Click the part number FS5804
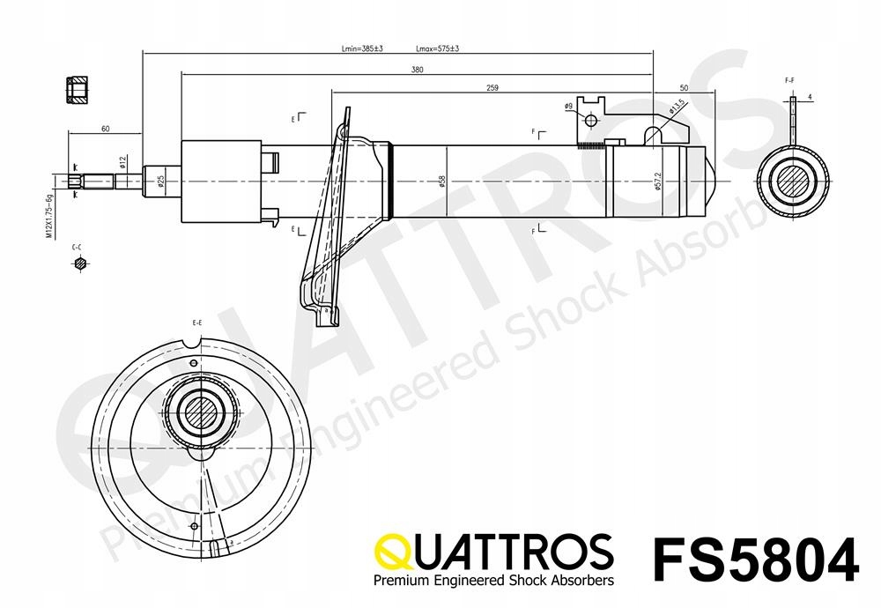click(755, 558)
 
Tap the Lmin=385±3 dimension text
click(361, 48)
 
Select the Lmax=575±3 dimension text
click(436, 48)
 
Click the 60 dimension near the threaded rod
click(105, 130)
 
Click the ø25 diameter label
click(161, 182)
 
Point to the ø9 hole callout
click(569, 107)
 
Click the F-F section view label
click(789, 80)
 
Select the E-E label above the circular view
click(197, 324)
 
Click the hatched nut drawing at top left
click(78, 91)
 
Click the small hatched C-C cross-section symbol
click(81, 263)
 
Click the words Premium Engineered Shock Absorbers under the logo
click(494, 581)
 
